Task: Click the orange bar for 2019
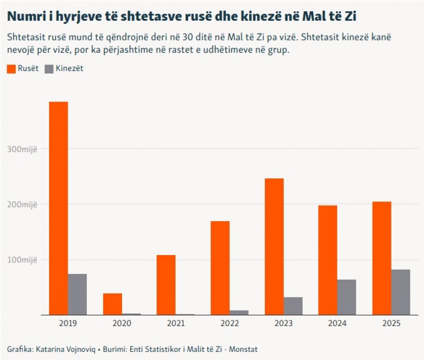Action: pos(58,208)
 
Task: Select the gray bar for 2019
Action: pos(77,295)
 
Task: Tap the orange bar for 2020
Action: pos(113,304)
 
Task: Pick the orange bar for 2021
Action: pos(166,285)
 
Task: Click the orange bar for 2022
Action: pos(220,268)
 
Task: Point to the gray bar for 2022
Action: pos(239,312)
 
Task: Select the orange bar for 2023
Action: pos(274,247)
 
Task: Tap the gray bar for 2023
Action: pos(293,306)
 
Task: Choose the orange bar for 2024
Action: pos(328,260)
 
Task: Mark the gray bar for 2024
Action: pos(347,297)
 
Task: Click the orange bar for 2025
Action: pos(382,258)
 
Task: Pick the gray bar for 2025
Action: pos(401,292)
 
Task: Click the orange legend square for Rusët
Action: pos(11,69)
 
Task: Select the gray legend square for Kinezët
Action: pos(49,69)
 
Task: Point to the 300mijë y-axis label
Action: pos(22,149)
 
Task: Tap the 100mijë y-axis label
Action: pos(22,260)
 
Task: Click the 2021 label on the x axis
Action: pos(176,323)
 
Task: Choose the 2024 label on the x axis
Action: pos(337,323)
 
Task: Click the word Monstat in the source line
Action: pos(243,349)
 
